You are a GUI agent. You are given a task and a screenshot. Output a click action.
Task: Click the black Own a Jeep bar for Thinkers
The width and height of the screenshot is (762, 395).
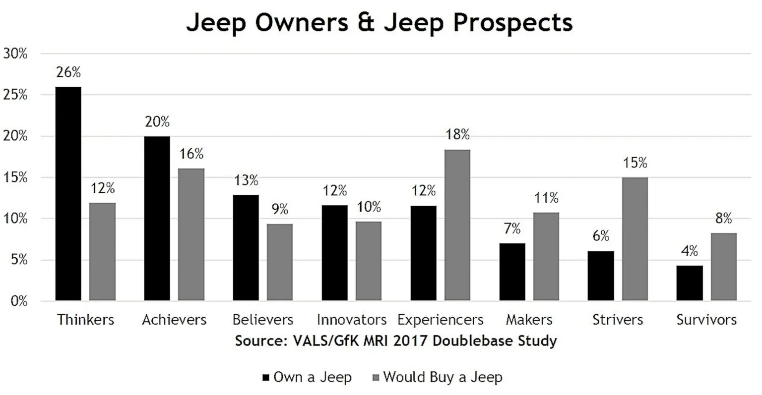(68, 193)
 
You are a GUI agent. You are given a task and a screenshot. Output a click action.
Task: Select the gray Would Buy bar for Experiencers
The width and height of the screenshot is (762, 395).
(457, 225)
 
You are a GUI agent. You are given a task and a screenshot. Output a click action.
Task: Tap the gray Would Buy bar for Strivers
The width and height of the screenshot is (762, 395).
(635, 238)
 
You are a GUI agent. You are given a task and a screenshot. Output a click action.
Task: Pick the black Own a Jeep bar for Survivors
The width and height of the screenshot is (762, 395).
(690, 283)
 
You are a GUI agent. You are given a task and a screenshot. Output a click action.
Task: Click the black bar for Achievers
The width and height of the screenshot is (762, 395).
(157, 218)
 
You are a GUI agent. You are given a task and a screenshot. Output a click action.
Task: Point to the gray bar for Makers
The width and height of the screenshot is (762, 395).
(546, 256)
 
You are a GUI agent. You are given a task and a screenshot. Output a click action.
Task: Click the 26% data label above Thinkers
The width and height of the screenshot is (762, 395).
(68, 72)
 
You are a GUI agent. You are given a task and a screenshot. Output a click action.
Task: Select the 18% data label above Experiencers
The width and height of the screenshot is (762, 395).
(457, 135)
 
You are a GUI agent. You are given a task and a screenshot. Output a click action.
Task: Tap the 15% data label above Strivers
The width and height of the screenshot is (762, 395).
(635, 163)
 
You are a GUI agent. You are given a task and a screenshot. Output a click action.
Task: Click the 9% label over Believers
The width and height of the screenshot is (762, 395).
(280, 210)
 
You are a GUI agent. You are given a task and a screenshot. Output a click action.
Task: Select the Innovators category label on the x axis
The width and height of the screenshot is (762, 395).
(351, 320)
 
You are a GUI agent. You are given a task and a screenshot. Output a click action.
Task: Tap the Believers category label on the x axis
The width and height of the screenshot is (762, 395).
(263, 320)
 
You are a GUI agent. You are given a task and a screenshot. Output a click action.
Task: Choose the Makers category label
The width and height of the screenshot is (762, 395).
(529, 320)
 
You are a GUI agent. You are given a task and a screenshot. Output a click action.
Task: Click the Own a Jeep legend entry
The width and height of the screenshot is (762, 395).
(308, 378)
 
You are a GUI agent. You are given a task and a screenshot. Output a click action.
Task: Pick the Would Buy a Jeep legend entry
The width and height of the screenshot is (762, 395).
(437, 378)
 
